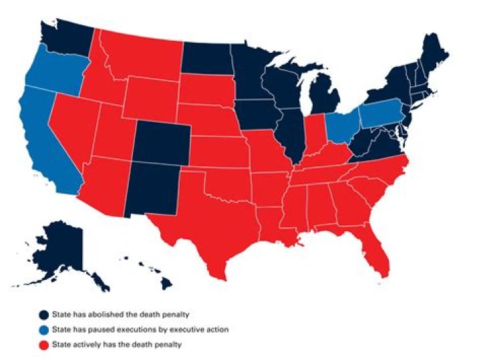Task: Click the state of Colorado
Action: pyautogui.click(x=161, y=144)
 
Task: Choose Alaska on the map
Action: pyautogui.click(x=57, y=250)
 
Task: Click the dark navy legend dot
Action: pyautogui.click(x=42, y=315)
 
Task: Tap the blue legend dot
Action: pyautogui.click(x=42, y=329)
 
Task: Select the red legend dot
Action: pyautogui.click(x=42, y=344)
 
